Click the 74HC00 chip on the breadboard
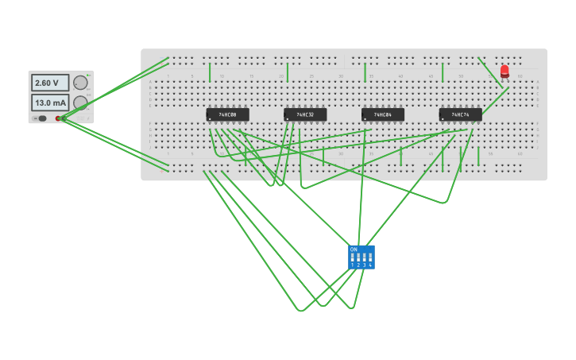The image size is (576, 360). (x=227, y=114)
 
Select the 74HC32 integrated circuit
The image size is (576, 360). (x=305, y=114)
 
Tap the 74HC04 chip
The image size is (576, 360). (x=383, y=114)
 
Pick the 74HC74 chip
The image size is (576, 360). (x=461, y=114)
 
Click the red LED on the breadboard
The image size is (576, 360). (x=504, y=72)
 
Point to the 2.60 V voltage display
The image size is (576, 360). (x=49, y=83)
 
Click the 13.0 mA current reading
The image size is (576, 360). (x=50, y=103)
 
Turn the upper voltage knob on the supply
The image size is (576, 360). (x=80, y=83)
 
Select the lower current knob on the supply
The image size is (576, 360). (x=80, y=103)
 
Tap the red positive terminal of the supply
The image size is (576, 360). (x=58, y=118)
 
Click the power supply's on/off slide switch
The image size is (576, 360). (x=40, y=118)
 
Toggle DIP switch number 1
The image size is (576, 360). (x=353, y=257)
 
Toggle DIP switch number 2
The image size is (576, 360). (x=358, y=257)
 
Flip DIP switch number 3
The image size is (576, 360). (x=364, y=257)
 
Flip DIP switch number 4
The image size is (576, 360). (x=370, y=257)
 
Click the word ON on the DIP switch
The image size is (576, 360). (x=354, y=250)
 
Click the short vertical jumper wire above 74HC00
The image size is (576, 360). (x=210, y=73)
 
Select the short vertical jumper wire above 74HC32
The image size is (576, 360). (x=288, y=73)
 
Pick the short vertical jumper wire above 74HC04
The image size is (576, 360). (x=365, y=73)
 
